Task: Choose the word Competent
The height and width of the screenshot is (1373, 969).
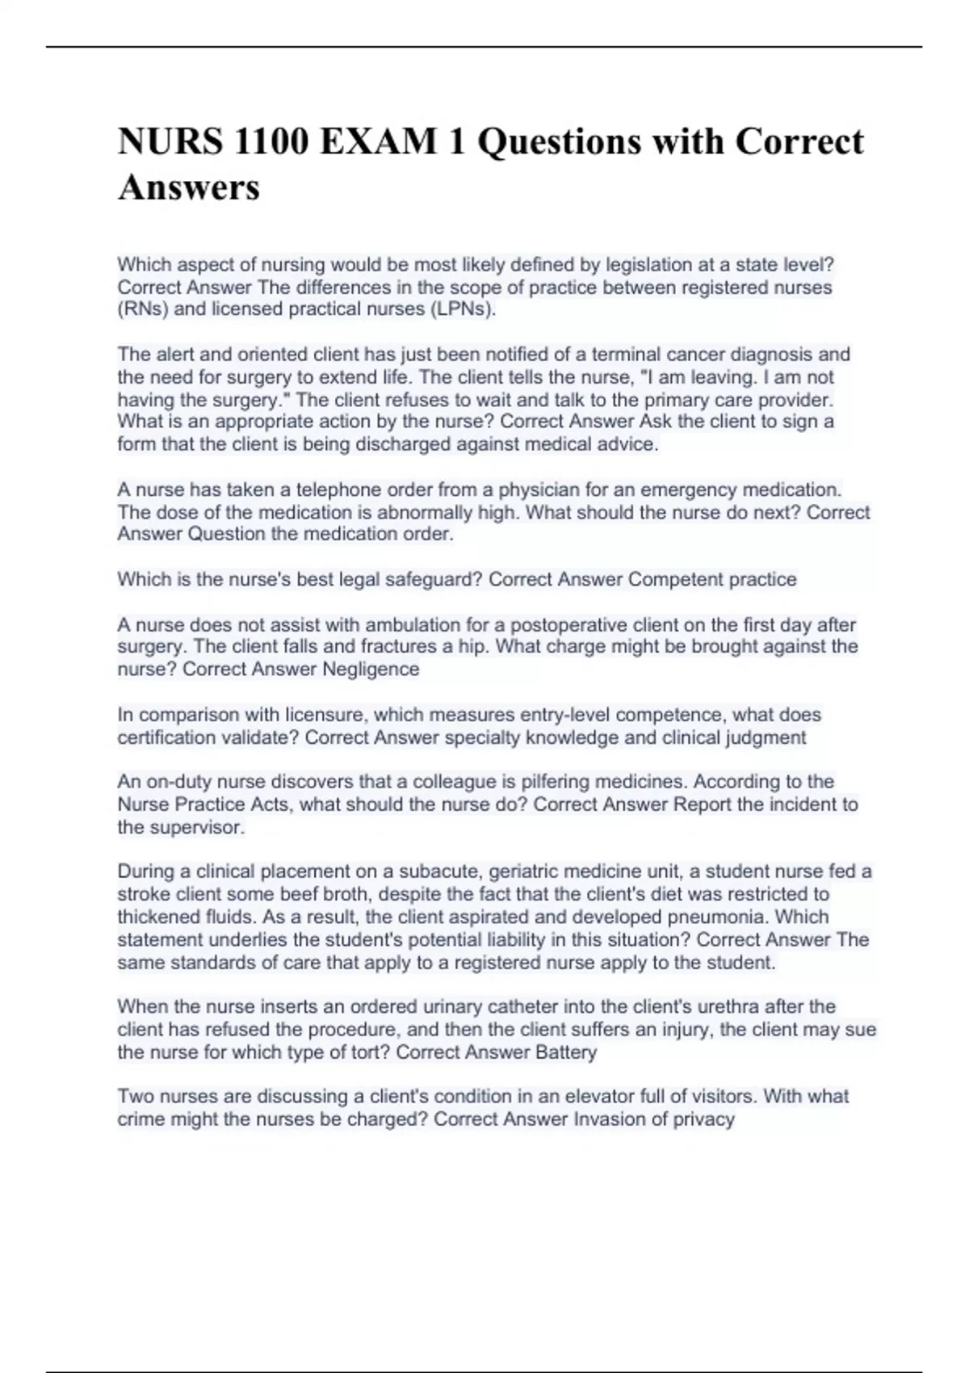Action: coord(676,579)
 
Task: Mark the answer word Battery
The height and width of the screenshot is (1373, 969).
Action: coord(566,1052)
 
